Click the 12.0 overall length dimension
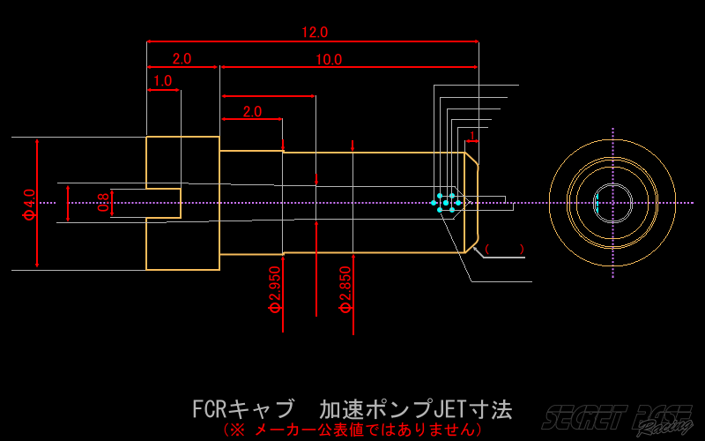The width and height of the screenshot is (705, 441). pos(315,33)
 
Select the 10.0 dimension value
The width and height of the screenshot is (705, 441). pos(329,60)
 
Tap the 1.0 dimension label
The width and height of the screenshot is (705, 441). pos(163,81)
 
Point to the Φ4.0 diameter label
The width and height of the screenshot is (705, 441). pos(29,204)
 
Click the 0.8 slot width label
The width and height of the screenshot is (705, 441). pos(103,203)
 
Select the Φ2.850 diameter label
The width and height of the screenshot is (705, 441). pos(345,290)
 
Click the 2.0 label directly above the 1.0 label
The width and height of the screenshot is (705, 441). pos(182,59)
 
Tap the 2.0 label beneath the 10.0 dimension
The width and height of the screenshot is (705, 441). pos(252,112)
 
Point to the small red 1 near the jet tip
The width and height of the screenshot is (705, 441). pos(473,136)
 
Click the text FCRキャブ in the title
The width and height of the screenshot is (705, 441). pos(243,410)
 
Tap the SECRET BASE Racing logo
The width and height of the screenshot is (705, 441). pos(616,420)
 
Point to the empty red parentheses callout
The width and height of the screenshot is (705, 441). pos(504,249)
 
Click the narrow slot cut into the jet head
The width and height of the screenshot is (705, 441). pos(163,203)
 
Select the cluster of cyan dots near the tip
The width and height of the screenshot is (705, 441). pos(446,203)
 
